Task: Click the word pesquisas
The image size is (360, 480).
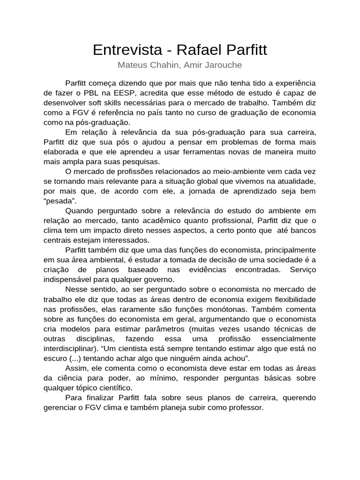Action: coord(132,161)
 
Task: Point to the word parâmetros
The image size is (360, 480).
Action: coord(178,329)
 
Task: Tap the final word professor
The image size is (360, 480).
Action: coord(247,407)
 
